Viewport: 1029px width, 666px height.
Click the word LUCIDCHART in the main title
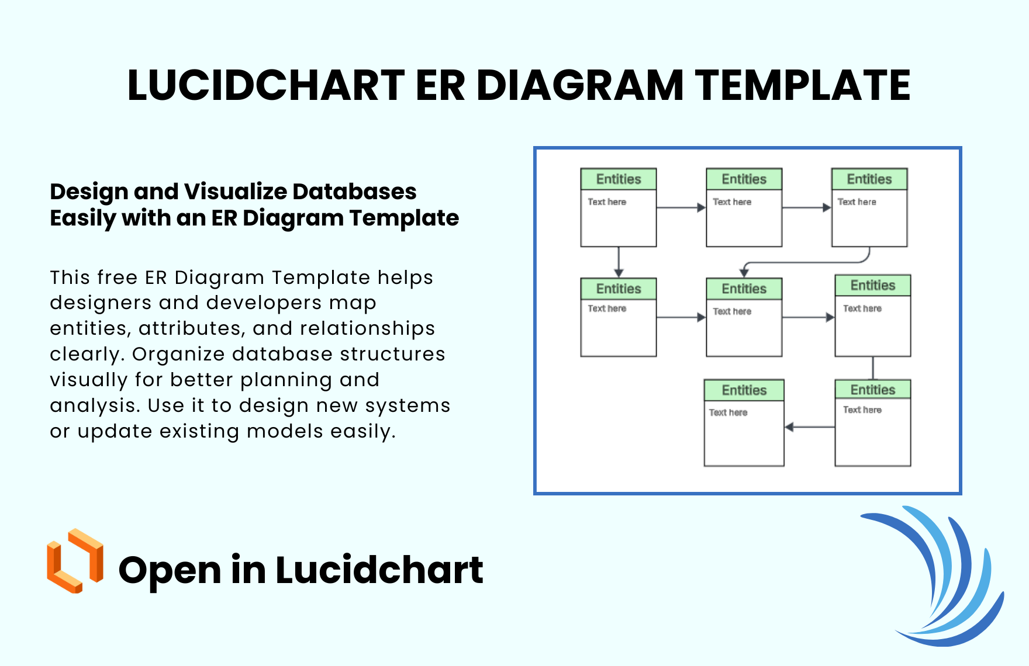pos(266,85)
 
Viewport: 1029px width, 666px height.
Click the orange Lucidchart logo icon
pos(75,561)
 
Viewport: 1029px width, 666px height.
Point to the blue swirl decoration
pos(947,578)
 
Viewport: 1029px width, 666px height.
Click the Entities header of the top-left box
pos(619,179)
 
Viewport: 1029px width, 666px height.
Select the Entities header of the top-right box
pos(869,179)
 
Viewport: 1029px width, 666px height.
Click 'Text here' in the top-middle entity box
pos(732,202)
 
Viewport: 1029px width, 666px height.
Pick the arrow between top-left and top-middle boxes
pos(681,207)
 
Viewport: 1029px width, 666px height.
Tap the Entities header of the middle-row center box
pos(744,289)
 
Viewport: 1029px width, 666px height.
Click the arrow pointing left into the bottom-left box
pos(809,427)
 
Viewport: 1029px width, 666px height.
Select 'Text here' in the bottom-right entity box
pos(862,410)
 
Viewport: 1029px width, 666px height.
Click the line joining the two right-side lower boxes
pos(873,368)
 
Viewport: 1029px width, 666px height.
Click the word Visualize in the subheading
pos(236,192)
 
